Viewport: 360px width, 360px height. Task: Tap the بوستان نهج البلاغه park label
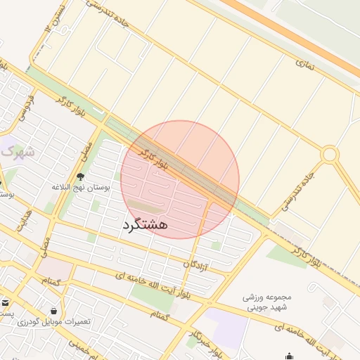coord(79,188)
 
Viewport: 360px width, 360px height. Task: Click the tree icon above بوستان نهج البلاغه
coord(80,176)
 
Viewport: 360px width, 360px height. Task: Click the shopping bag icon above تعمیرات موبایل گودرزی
coord(54,310)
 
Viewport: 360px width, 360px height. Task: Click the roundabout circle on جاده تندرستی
coord(329,154)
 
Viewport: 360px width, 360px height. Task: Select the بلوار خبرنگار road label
coord(201,336)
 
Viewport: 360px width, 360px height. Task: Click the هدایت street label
coord(26,217)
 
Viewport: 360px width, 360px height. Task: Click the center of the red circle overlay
coord(180,179)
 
